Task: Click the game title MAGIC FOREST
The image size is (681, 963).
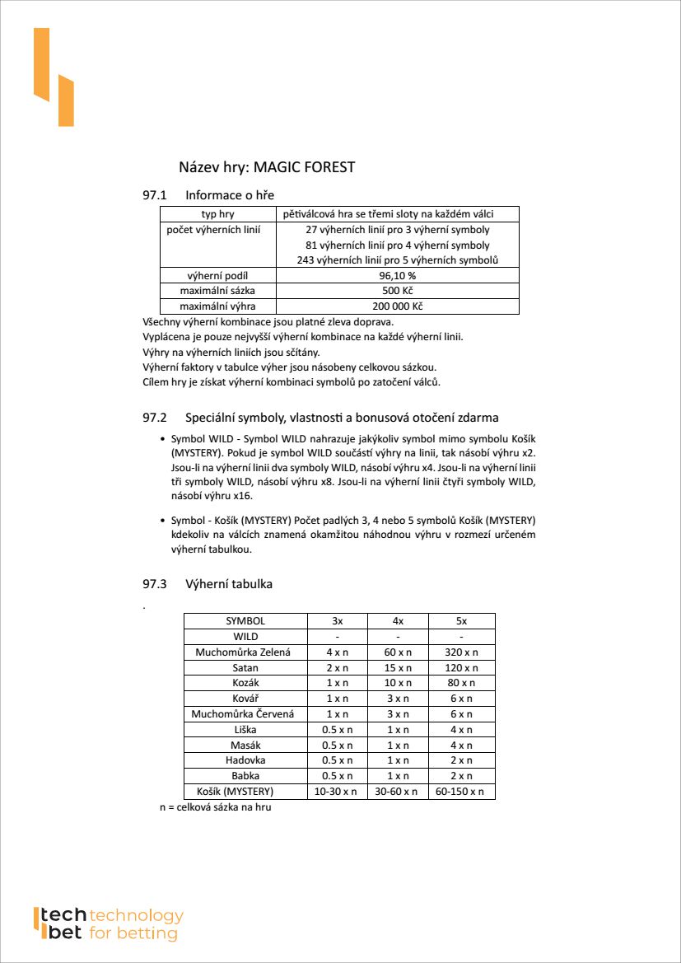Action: (x=304, y=167)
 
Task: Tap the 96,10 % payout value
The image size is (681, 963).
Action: (x=397, y=276)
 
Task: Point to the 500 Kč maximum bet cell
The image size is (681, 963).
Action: (x=397, y=291)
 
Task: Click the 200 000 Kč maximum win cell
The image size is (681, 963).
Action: (x=397, y=306)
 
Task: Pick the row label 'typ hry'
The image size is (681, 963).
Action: (x=218, y=214)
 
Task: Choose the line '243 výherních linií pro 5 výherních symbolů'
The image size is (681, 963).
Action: (x=397, y=260)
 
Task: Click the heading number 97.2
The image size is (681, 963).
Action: (x=155, y=418)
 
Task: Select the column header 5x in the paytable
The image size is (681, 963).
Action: (x=461, y=621)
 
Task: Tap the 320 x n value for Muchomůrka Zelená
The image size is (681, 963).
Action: (x=461, y=652)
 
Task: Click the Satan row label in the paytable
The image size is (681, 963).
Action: (x=245, y=668)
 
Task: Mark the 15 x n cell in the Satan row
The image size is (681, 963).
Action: (x=398, y=668)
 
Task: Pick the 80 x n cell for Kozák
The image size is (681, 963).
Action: (x=461, y=683)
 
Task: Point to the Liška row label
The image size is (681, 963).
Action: (x=245, y=729)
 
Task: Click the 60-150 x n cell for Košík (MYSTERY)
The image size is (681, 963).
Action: (x=461, y=791)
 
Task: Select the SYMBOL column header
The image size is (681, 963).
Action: (x=245, y=621)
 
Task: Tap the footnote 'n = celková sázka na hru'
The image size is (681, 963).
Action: (x=216, y=807)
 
